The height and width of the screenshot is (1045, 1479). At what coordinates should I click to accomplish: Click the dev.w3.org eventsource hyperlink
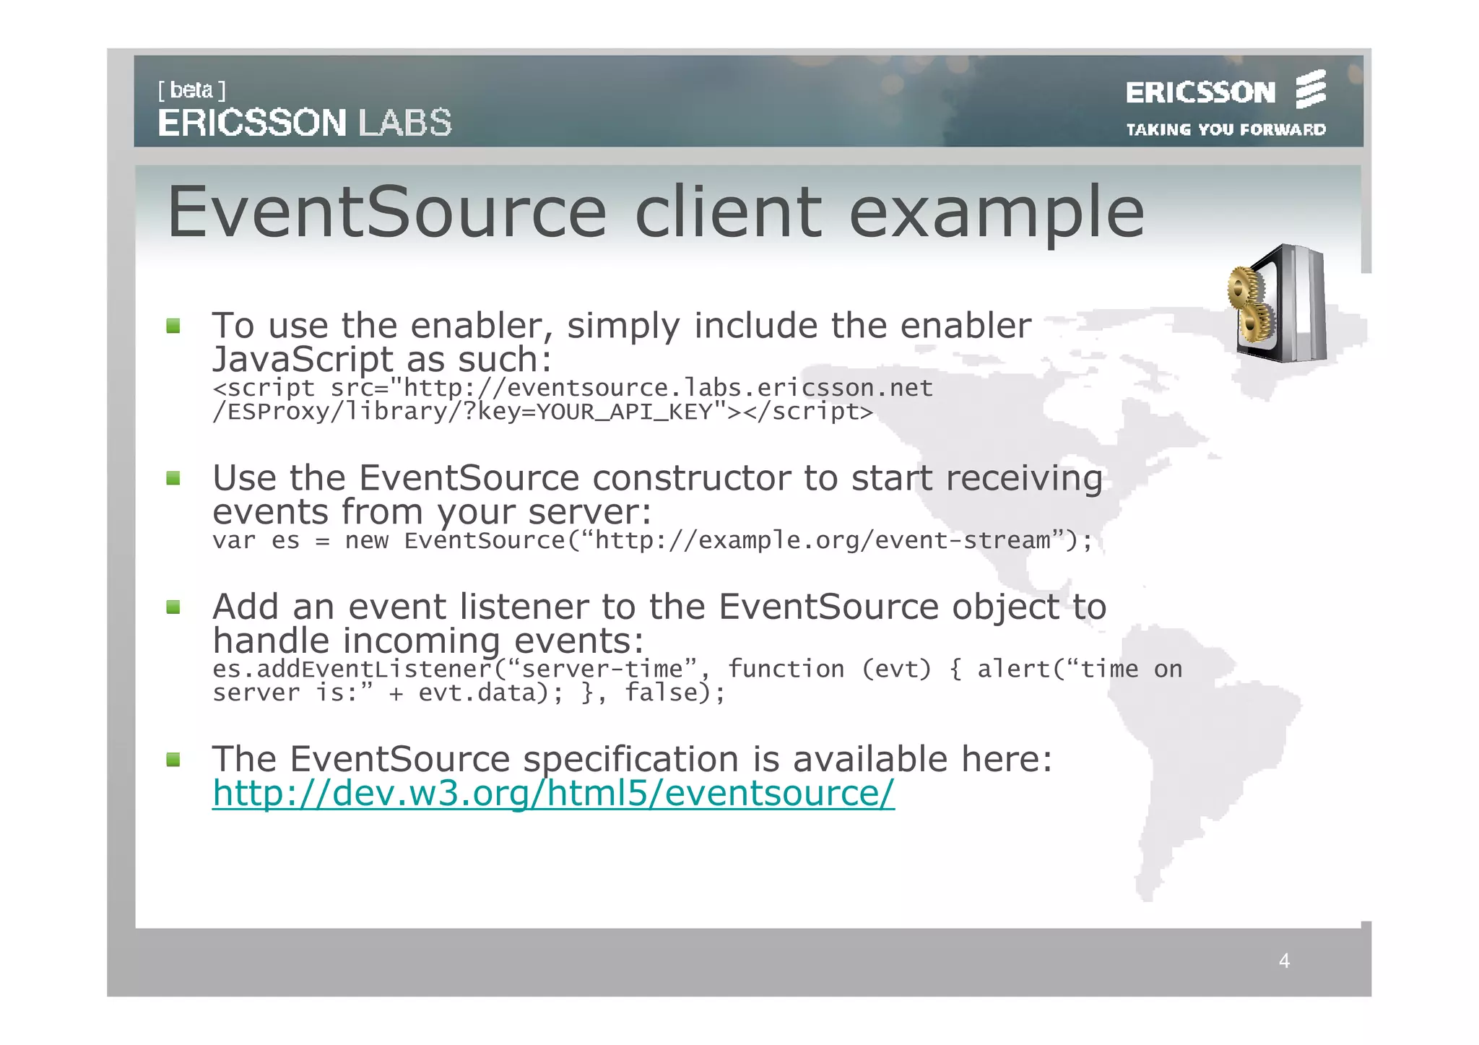553,793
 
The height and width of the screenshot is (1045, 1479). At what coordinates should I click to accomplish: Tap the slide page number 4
1283,961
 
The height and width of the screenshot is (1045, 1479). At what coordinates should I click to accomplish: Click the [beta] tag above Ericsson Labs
191,90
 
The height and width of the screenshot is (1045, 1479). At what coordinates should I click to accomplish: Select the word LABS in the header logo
405,123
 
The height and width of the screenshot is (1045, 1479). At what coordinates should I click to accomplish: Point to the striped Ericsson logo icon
1310,90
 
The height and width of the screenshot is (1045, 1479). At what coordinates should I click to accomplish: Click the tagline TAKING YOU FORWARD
1226,130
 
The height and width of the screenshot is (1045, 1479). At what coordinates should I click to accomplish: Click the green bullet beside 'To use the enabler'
173,326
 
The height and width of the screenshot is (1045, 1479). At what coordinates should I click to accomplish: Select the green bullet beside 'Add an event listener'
173,607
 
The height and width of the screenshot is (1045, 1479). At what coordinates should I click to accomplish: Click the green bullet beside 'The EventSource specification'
173,759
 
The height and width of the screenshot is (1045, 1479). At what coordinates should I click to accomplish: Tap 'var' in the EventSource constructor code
233,541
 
